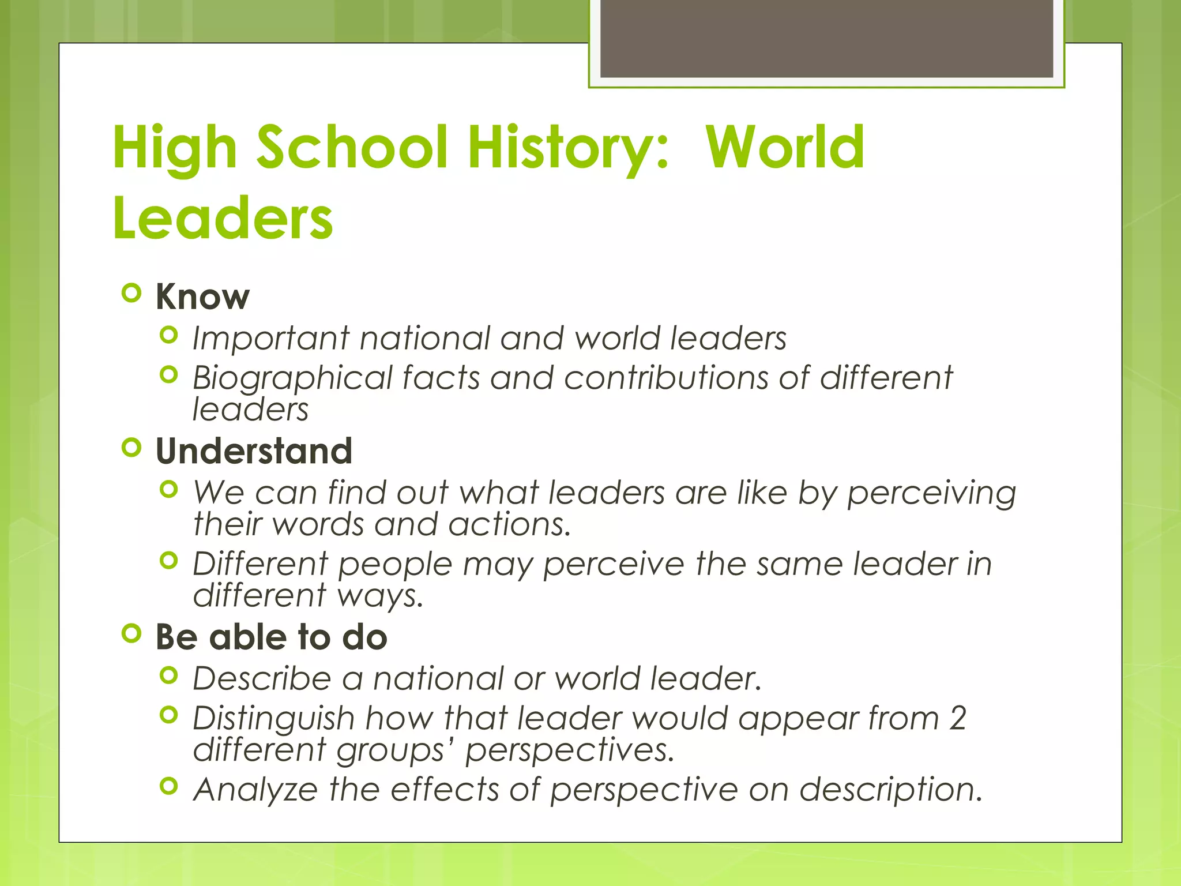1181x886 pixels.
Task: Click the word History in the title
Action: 568,149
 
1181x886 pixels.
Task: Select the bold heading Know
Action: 202,297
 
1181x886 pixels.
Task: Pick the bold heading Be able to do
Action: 271,637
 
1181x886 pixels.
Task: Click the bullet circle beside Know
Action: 132,293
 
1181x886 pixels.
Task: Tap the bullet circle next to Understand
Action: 132,447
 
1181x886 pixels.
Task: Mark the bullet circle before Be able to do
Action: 132,633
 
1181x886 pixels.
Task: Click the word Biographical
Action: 292,378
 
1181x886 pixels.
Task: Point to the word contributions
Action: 665,378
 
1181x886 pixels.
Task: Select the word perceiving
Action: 931,494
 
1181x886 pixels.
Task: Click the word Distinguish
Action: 273,719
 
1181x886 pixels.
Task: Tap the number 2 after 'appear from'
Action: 957,719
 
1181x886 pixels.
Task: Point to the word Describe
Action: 262,678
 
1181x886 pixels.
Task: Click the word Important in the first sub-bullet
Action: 270,338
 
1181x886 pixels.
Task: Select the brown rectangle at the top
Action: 826,39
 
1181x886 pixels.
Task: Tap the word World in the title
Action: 785,149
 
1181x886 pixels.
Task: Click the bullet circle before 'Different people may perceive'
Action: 168,560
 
